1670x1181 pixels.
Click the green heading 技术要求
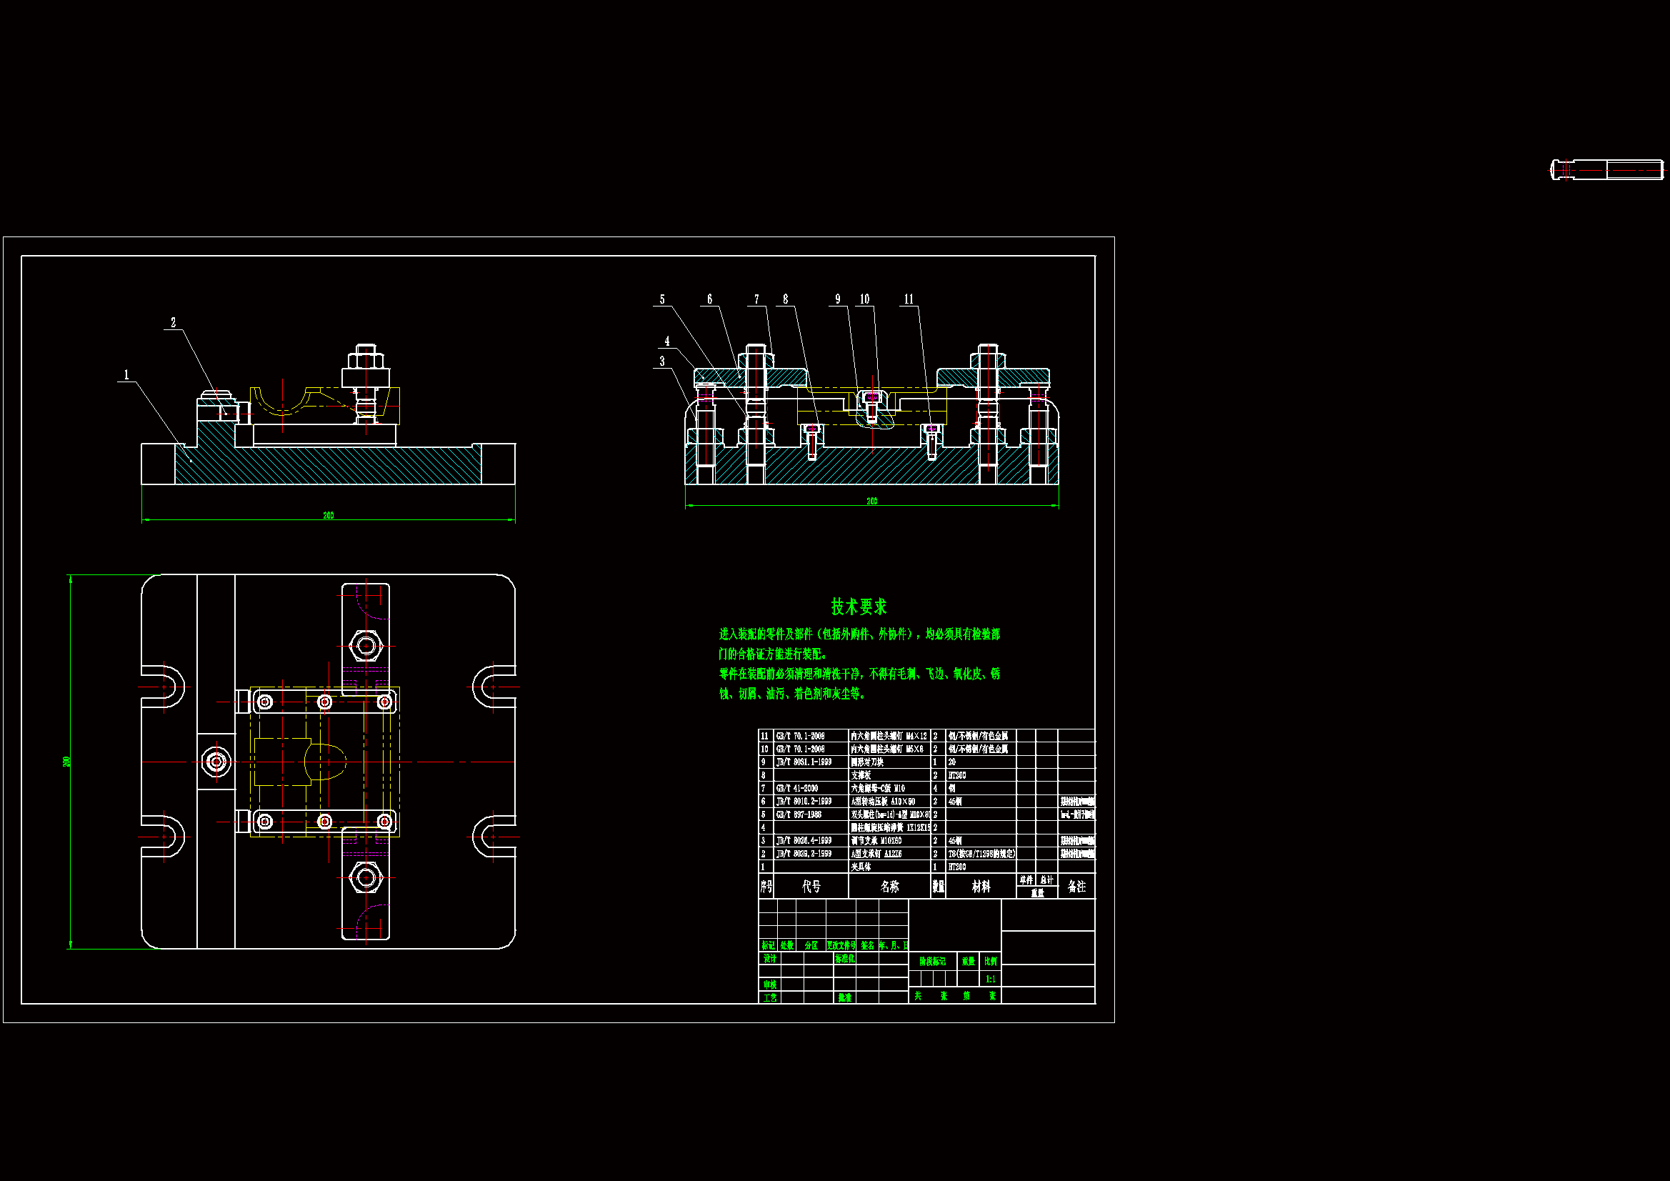(859, 606)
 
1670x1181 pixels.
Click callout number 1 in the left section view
(126, 375)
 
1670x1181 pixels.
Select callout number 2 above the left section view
(173, 322)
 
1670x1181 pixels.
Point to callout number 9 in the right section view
(837, 299)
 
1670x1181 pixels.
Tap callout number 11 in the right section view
(909, 299)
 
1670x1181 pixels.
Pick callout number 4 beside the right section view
(666, 342)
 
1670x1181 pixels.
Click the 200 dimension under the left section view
(328, 515)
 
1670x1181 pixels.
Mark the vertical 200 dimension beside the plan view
(67, 761)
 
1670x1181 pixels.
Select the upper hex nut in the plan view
(366, 645)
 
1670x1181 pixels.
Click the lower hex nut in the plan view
(366, 878)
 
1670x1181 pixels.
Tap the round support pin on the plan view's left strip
(215, 762)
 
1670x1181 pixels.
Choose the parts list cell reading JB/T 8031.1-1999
(803, 762)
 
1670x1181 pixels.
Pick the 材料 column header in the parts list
(981, 887)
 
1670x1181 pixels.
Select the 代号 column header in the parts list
(811, 887)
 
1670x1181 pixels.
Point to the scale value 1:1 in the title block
(990, 979)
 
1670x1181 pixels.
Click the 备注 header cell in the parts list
(1076, 887)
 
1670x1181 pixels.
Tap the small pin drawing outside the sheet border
(1606, 169)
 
